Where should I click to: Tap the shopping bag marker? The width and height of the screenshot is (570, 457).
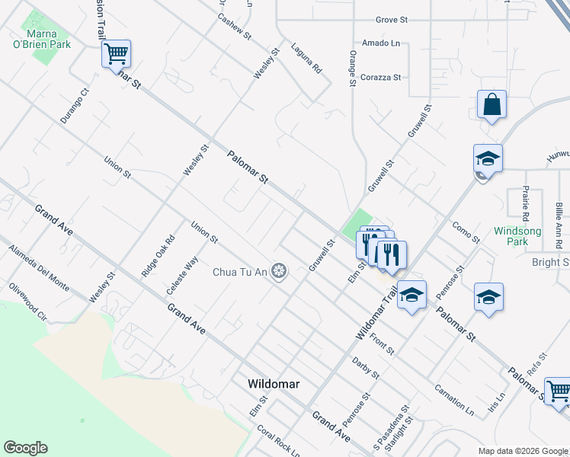[492, 105]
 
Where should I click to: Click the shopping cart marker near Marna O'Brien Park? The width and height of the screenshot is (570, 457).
[116, 55]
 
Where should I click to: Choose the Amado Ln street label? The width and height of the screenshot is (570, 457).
[381, 43]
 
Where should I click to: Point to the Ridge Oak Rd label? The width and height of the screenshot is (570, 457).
[158, 254]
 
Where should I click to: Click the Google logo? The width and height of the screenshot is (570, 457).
[26, 448]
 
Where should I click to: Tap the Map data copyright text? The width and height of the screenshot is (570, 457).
[523, 451]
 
